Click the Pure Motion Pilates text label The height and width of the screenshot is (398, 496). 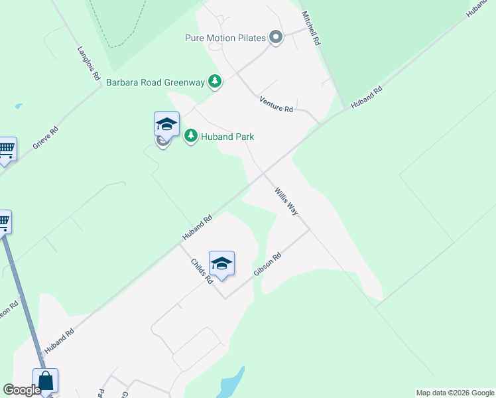pyautogui.click(x=225, y=38)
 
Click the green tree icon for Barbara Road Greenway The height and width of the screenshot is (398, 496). pyautogui.click(x=214, y=82)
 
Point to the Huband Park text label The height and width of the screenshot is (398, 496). pyautogui.click(x=227, y=137)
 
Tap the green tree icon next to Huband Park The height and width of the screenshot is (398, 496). pyautogui.click(x=191, y=136)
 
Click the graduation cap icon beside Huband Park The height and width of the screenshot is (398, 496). pyautogui.click(x=166, y=123)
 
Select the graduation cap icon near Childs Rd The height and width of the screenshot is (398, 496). pyautogui.click(x=221, y=263)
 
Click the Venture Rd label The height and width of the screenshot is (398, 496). pyautogui.click(x=276, y=104)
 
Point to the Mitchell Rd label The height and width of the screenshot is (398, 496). pyautogui.click(x=311, y=28)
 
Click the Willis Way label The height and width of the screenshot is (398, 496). pyautogui.click(x=286, y=201)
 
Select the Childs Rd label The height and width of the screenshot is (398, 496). pyautogui.click(x=201, y=271)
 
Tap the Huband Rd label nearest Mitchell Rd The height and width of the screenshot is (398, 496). pyautogui.click(x=367, y=98)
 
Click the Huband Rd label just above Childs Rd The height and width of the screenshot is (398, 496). pyautogui.click(x=197, y=228)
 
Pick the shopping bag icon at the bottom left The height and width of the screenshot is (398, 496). pyautogui.click(x=45, y=381)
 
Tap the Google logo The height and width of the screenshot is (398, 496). pyautogui.click(x=22, y=390)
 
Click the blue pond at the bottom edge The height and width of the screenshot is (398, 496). pyautogui.click(x=229, y=385)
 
